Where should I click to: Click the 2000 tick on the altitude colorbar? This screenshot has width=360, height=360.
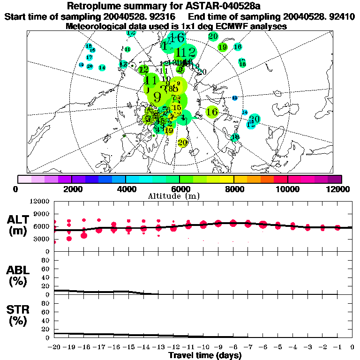coord(71,189)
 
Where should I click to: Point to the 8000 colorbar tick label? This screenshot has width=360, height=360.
coord(233,189)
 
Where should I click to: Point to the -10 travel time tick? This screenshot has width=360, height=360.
coord(203,347)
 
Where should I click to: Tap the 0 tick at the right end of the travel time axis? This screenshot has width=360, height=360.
coord(352,347)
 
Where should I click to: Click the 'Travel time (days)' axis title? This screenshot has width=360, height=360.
coord(205,355)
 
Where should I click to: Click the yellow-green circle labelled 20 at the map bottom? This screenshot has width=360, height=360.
coord(182,142)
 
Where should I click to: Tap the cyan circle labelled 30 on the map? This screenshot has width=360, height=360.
coord(255,119)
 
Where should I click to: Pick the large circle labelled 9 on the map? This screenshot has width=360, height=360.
coord(157,97)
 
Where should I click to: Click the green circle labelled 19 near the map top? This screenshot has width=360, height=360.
coord(223,47)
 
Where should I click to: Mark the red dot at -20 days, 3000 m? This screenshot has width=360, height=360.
coord(55,241)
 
